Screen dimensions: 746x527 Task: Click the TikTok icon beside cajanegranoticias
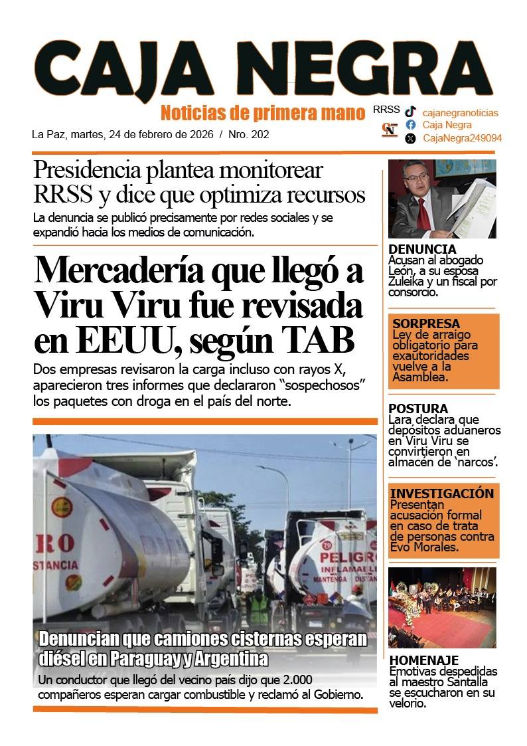411,112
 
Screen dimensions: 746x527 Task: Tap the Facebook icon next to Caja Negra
411,125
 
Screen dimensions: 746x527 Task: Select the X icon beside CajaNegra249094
411,138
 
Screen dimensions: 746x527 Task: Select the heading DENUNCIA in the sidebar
422,249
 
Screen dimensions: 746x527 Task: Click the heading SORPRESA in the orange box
426,324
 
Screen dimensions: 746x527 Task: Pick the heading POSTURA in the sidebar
418,409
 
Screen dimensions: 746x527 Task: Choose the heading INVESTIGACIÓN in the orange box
442,494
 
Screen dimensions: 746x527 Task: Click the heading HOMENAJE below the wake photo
424,660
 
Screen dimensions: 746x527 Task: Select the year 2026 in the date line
200,134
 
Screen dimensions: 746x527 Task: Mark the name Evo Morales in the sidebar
424,547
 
